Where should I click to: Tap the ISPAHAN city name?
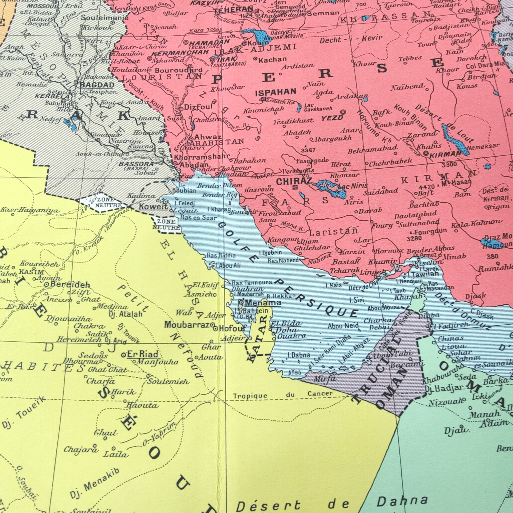tap(276, 92)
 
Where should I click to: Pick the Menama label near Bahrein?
tap(263, 303)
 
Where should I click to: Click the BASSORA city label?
tap(136, 164)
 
